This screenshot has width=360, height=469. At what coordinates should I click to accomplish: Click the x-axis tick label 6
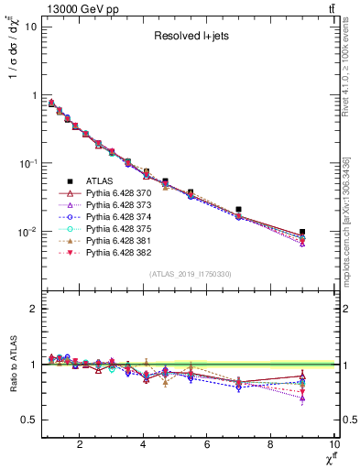click(207, 445)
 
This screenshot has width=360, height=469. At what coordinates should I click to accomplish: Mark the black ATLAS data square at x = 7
click(238, 210)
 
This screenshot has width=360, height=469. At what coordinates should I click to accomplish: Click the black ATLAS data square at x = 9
click(302, 233)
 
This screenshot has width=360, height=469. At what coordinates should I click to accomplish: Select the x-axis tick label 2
click(81, 445)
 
